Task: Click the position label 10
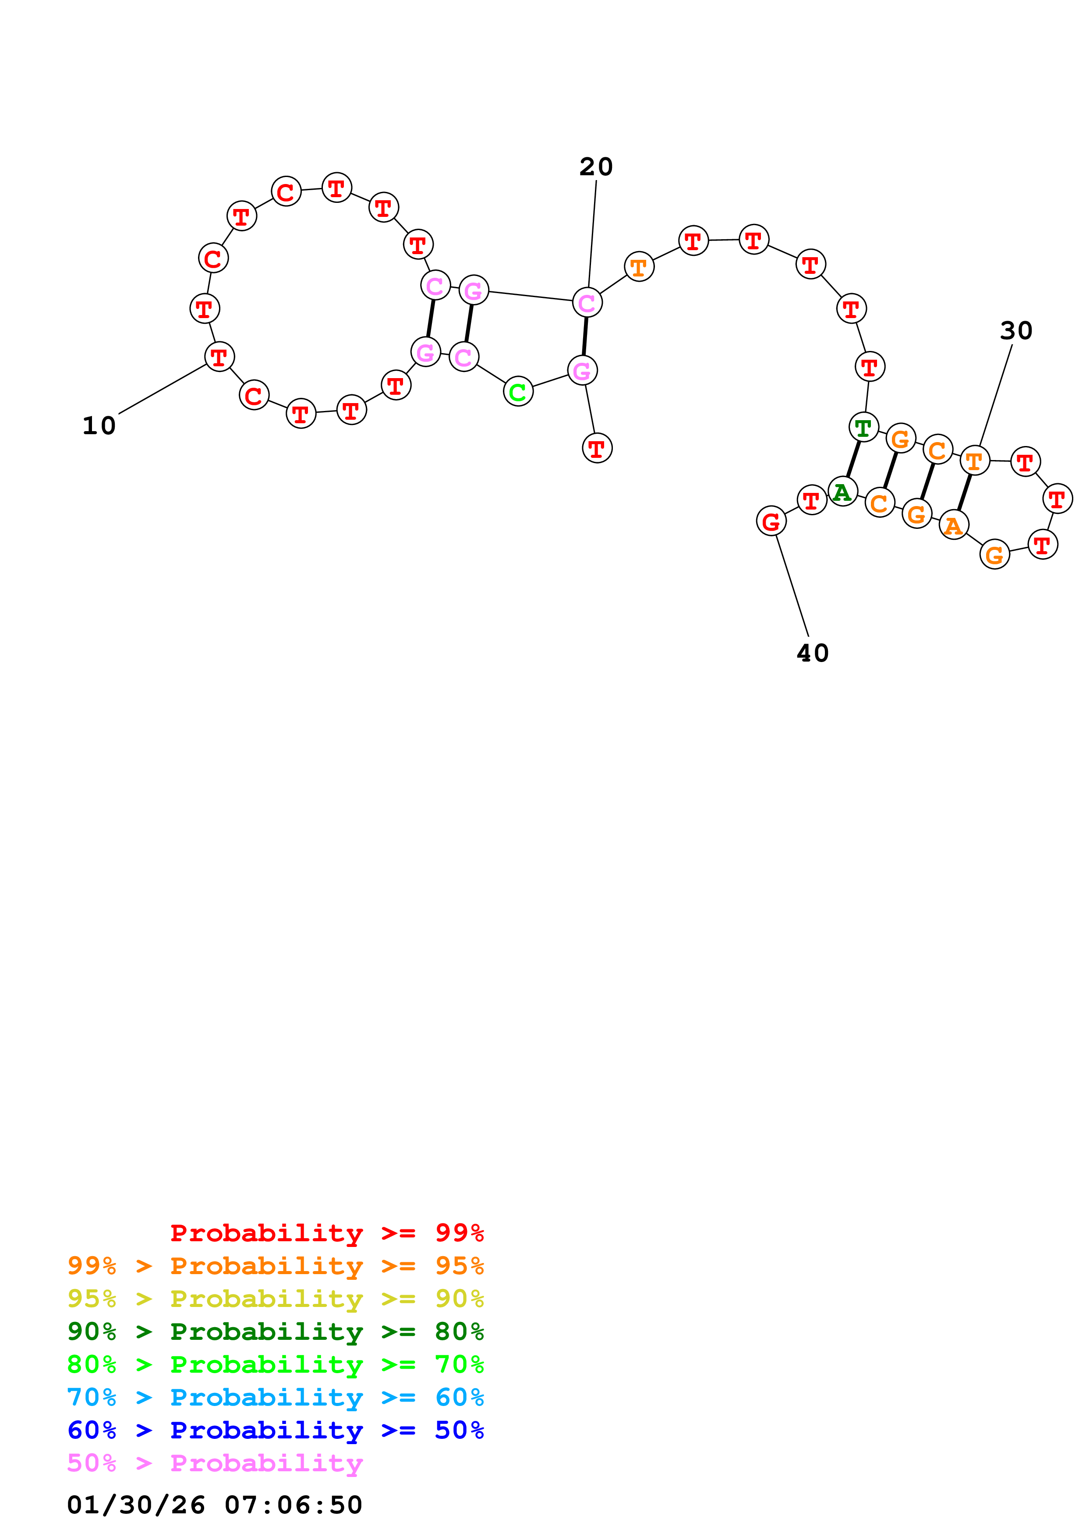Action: (99, 426)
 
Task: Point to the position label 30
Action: (1016, 331)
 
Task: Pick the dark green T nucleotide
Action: (863, 427)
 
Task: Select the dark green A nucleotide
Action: (842, 492)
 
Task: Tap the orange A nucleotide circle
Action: (954, 525)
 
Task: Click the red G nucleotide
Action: (771, 521)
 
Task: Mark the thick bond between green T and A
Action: (853, 459)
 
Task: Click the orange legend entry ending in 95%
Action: (275, 1265)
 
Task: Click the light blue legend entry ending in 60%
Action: (275, 1397)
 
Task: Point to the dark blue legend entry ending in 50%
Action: (275, 1430)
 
